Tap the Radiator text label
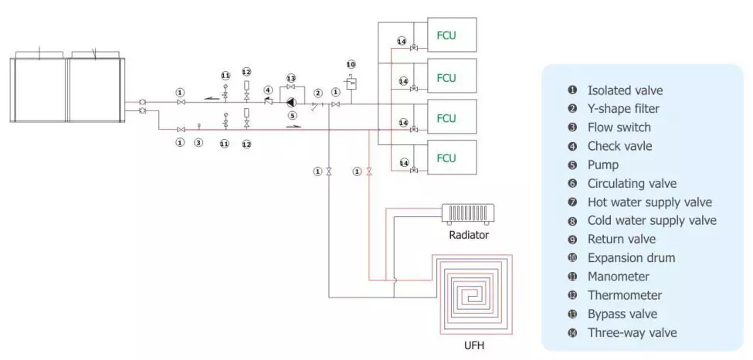469,234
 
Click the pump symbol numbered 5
290,102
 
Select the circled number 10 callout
351,64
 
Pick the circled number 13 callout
291,79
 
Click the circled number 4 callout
267,90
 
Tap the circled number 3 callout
198,143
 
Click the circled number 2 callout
317,93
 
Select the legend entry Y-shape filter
623,109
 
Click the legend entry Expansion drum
631,258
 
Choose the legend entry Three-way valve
632,333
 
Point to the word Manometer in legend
618,277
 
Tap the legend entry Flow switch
619,127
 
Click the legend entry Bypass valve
622,314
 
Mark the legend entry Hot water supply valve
650,202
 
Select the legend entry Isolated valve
625,90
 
